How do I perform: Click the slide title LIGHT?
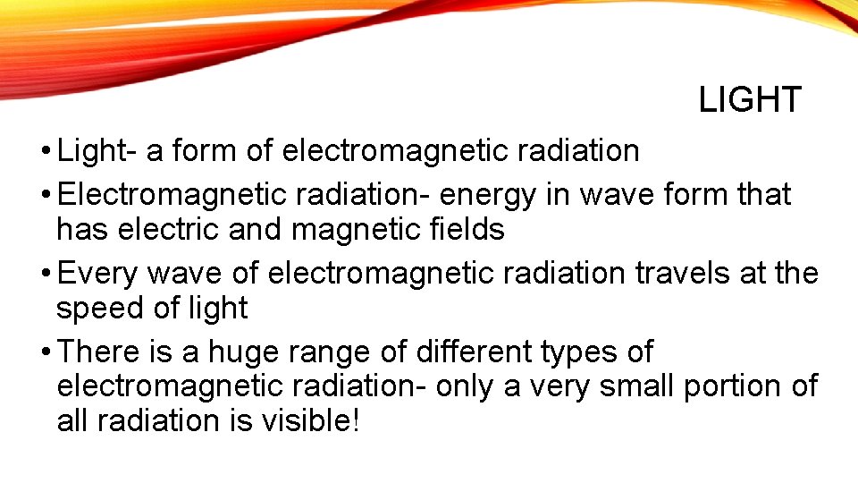(x=750, y=100)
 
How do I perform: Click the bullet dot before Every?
(x=44, y=274)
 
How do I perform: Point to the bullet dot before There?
(x=44, y=352)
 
